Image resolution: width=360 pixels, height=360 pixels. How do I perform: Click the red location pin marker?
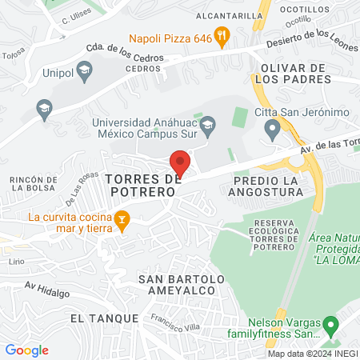181,162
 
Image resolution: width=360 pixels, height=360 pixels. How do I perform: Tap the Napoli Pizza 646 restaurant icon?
223,35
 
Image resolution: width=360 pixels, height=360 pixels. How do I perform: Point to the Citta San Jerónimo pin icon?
273,126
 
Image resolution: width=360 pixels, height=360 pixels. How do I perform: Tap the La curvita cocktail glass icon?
122,219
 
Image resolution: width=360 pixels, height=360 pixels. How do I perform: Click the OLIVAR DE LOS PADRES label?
291,74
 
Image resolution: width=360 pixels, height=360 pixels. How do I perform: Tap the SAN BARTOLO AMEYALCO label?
182,285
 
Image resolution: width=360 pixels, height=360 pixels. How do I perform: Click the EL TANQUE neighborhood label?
99,318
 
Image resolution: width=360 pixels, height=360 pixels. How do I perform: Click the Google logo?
27,350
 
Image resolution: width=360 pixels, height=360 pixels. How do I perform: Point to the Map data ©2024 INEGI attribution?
312,354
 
